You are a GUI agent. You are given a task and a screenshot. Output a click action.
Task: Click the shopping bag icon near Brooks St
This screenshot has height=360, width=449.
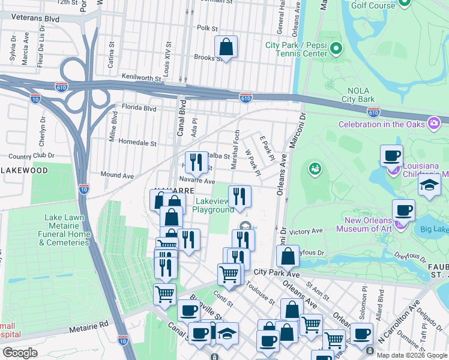point(226,46)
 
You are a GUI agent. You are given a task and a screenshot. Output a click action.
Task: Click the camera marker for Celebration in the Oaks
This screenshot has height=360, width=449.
point(433,124)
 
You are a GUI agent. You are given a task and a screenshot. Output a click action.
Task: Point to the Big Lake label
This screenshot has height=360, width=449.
point(433,229)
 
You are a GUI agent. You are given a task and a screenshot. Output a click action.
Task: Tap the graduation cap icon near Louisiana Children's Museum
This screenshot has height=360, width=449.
point(429,185)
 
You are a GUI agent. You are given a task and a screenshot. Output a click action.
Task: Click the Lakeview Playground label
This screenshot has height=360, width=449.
point(213,206)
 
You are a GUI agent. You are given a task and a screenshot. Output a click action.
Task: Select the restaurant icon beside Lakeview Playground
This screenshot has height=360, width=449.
point(239,196)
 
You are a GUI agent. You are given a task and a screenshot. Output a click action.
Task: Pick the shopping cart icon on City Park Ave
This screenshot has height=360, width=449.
point(229,274)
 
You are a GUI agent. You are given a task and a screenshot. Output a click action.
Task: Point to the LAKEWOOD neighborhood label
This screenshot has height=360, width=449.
point(24,170)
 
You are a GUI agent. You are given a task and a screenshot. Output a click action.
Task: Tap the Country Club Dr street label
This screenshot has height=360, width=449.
point(28,156)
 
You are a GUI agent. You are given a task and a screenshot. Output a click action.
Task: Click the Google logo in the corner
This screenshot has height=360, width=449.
point(20,353)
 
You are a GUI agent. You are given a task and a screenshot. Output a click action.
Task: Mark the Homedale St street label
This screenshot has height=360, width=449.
point(137,143)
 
